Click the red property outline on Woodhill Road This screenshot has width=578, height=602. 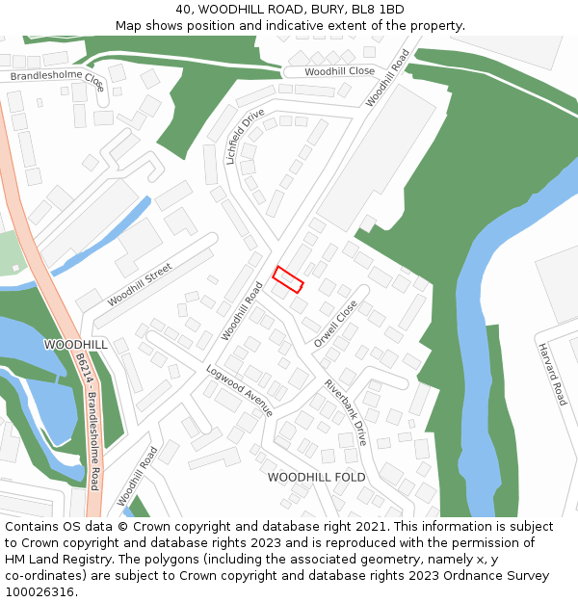pos(287,278)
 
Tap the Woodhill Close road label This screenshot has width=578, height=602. pos(339,72)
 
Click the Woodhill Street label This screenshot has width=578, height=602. pos(140,285)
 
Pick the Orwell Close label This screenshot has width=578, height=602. pos(335,324)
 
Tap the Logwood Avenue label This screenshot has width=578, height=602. pos(240,390)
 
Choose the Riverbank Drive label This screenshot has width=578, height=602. pos(346,412)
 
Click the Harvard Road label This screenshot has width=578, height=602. pos(552,374)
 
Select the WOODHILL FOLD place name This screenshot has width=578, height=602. pos(316,478)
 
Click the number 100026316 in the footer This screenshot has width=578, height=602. pos(39,592)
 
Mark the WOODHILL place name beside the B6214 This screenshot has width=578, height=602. pos(76,344)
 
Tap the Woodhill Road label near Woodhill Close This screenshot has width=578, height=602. pos(388,78)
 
